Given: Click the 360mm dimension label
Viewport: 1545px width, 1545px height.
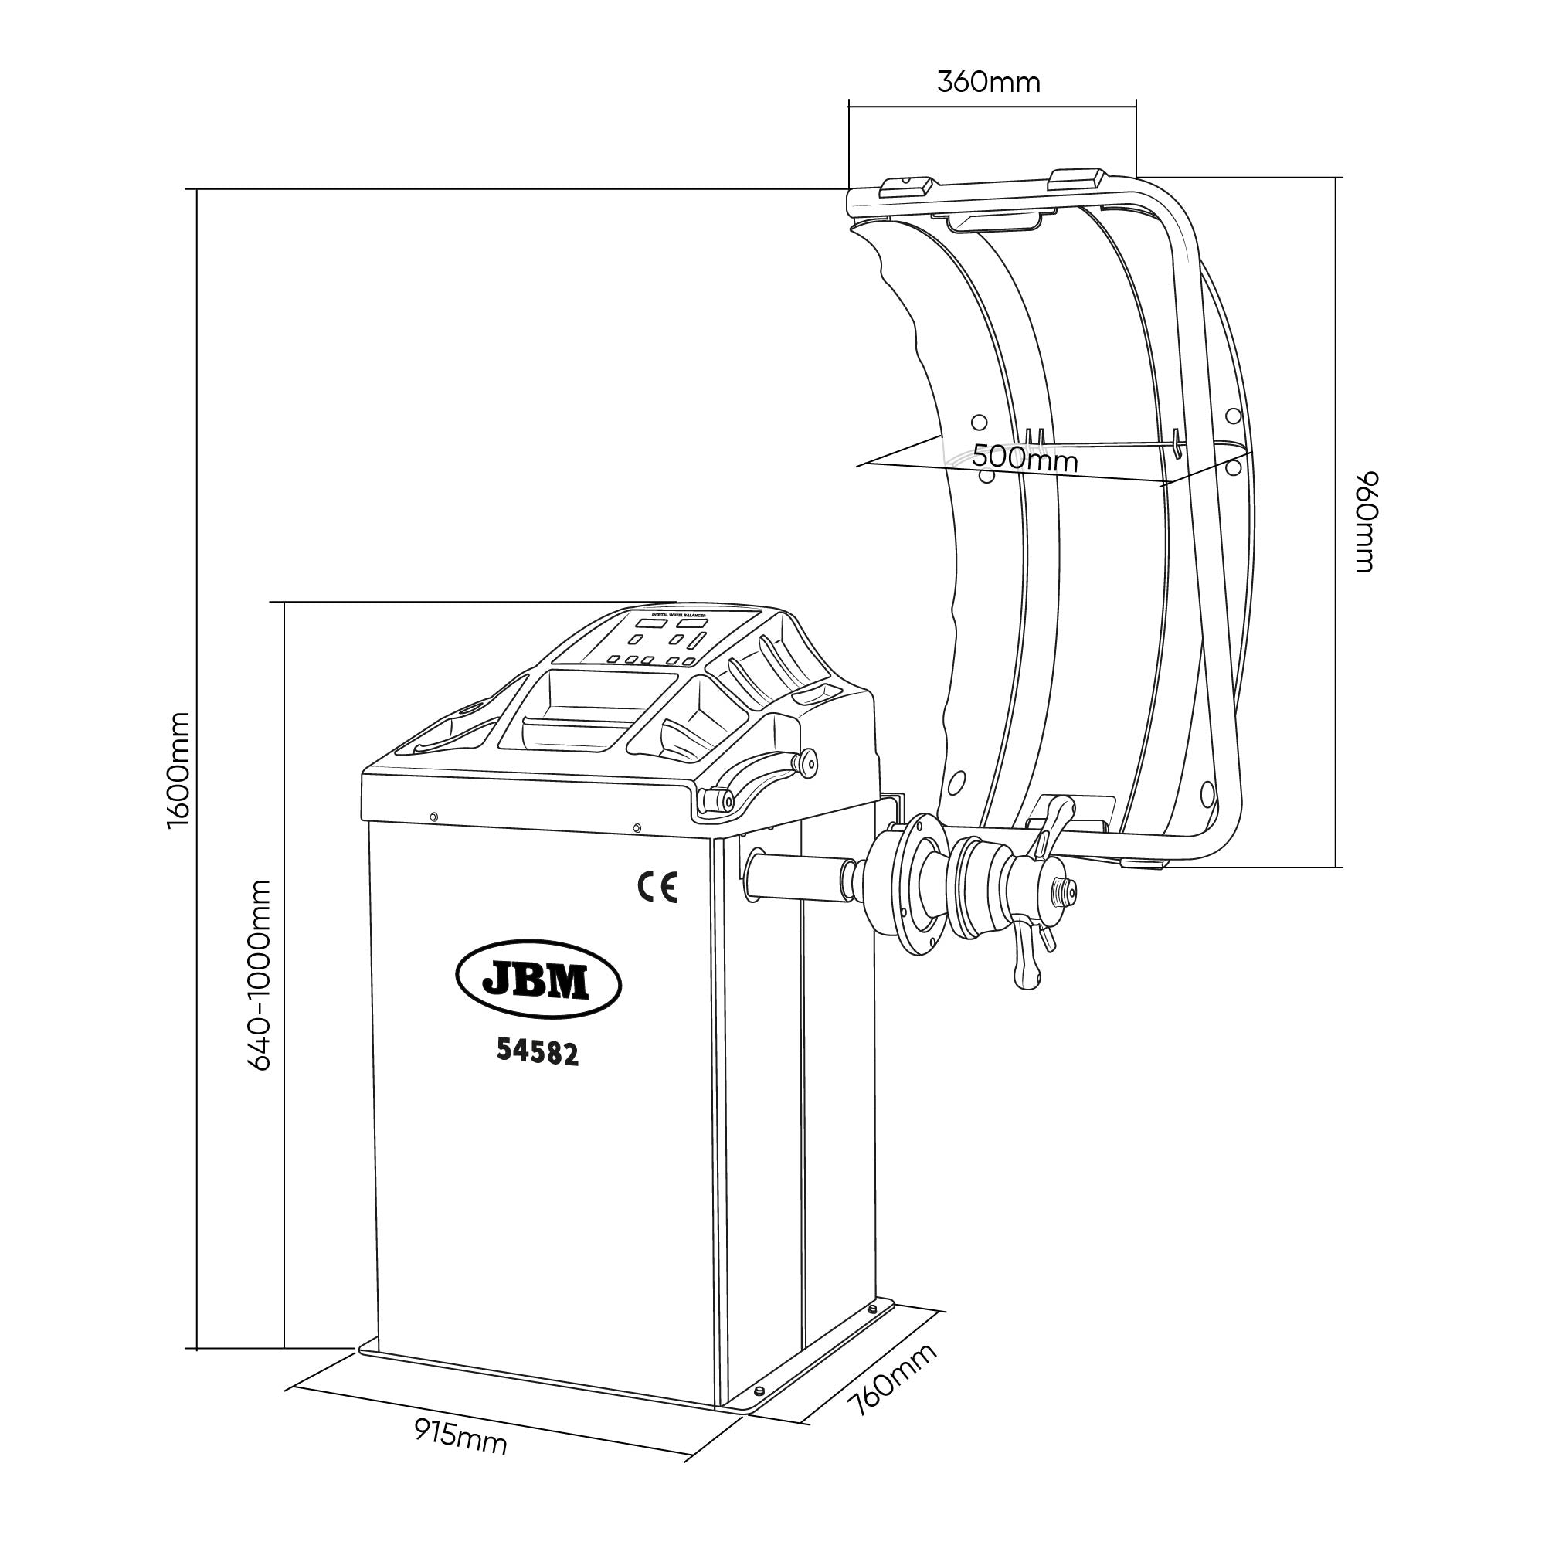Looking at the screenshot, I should [x=989, y=83].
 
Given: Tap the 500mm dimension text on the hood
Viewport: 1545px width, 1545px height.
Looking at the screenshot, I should [x=1024, y=460].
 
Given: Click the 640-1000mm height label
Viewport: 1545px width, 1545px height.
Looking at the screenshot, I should [x=260, y=975].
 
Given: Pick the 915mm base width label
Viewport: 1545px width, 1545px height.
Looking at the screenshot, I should [x=460, y=1437].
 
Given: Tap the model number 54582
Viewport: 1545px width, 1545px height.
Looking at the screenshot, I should [x=538, y=1051].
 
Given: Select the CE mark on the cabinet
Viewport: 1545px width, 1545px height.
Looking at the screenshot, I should [x=657, y=888].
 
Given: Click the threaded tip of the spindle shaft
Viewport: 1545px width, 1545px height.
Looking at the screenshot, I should [x=1068, y=888].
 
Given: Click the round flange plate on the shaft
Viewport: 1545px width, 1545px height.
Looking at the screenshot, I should [x=922, y=886].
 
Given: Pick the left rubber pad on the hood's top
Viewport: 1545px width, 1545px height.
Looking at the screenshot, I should [x=906, y=185].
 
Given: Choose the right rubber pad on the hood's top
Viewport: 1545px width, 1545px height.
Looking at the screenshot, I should [x=1077, y=178].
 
